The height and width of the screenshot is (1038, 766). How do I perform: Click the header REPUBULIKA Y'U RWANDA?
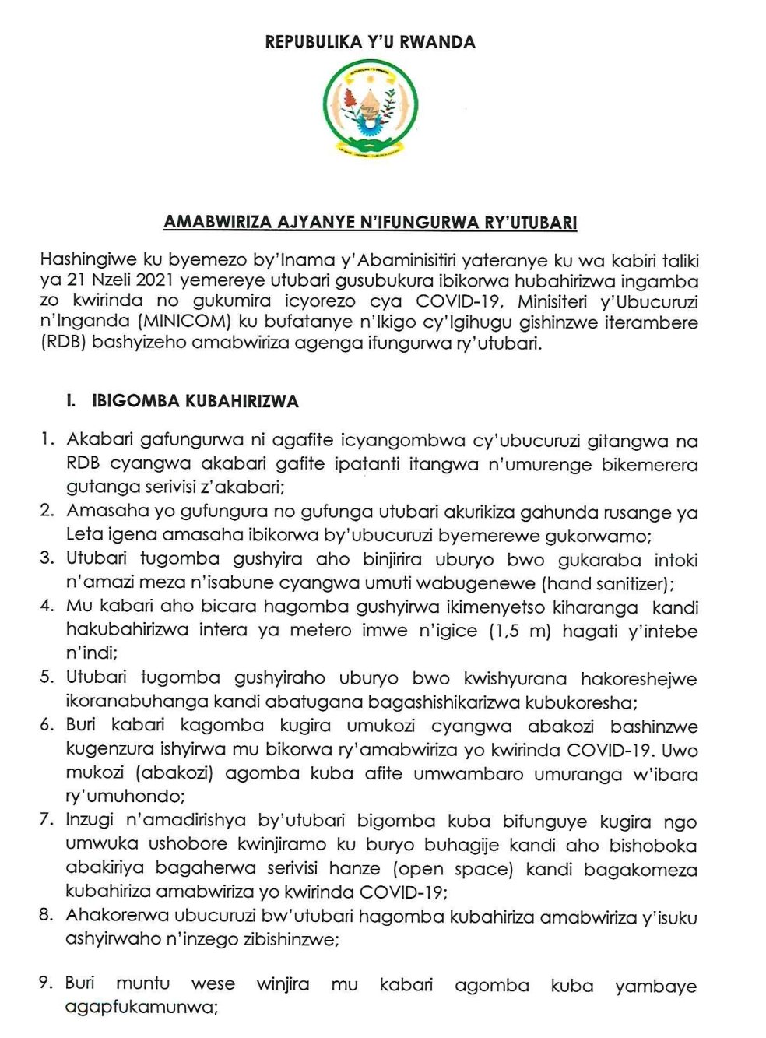coord(370,42)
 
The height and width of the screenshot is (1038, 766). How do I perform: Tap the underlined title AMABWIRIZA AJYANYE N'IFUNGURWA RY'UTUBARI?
coord(370,223)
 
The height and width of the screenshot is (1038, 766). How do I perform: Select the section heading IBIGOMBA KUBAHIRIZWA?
coord(195,402)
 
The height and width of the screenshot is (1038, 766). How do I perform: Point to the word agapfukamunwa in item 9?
coord(140,1008)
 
